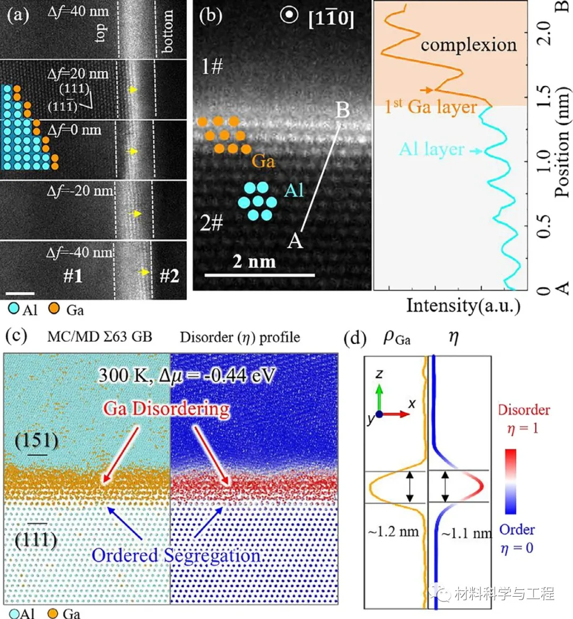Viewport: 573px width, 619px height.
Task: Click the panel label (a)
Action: [18, 14]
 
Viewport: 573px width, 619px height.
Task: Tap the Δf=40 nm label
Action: [78, 12]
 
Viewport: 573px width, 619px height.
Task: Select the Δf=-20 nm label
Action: [80, 191]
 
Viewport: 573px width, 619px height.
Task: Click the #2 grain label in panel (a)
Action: [169, 276]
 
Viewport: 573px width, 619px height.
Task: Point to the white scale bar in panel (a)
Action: [20, 293]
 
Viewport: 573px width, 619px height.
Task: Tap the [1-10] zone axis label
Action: [331, 19]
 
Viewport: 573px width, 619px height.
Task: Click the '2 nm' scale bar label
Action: [254, 261]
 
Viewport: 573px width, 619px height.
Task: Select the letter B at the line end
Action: [342, 110]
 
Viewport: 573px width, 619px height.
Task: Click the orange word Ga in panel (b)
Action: [263, 160]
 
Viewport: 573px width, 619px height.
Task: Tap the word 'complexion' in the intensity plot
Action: [468, 45]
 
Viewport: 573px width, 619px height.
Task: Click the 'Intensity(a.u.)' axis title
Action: [463, 305]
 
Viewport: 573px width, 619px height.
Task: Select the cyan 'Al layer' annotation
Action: [432, 149]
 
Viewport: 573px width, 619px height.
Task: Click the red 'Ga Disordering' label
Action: [167, 409]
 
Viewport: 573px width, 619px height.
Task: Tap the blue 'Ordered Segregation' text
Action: [176, 555]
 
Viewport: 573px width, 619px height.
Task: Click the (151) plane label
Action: [37, 440]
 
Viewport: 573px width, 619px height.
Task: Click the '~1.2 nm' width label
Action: [393, 531]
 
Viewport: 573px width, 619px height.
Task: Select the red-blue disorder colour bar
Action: [510, 482]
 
